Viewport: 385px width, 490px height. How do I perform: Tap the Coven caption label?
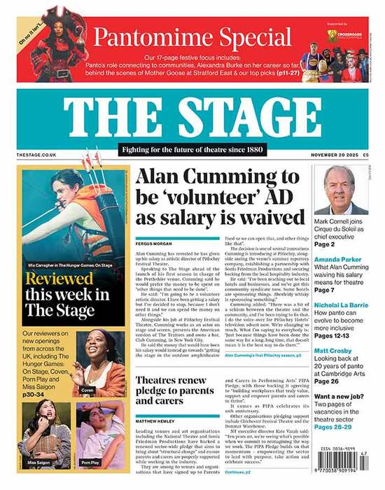click(87, 390)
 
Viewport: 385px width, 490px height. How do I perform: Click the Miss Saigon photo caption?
click(38, 462)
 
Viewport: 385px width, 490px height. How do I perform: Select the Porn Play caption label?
click(90, 462)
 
